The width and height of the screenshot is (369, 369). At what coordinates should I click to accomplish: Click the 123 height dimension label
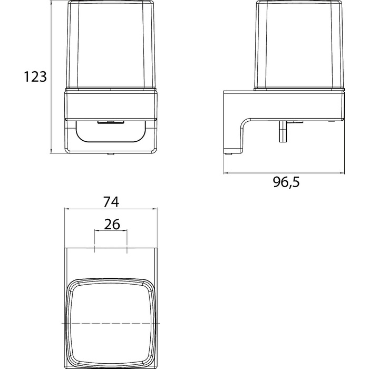(35, 77)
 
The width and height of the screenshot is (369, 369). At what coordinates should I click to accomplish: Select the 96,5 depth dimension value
(286, 182)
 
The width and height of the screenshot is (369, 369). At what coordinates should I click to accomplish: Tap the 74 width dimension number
(111, 202)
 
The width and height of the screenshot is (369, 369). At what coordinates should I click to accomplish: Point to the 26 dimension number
(112, 224)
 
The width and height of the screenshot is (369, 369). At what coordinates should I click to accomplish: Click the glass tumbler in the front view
(111, 45)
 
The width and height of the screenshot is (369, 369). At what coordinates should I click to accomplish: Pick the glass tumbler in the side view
(299, 45)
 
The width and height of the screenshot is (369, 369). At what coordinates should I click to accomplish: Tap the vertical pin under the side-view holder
(283, 131)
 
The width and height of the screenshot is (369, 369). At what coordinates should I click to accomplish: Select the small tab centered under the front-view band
(111, 122)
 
